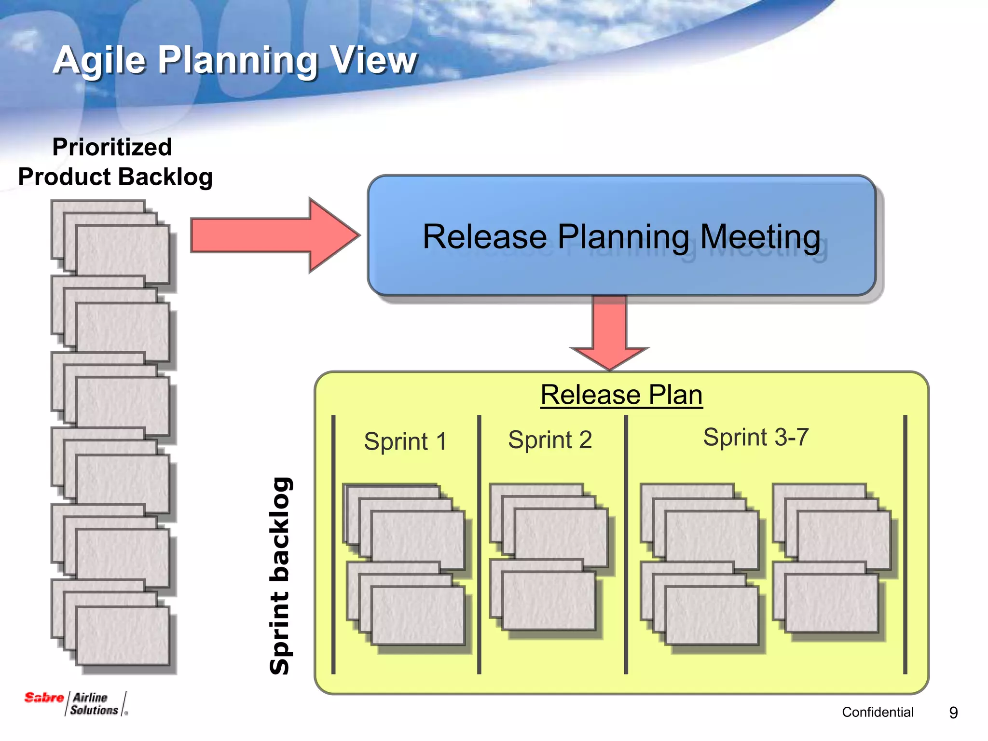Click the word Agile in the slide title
coord(99,61)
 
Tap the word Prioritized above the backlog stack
coord(112,147)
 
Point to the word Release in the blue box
coord(484,237)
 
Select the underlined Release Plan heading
coord(621,395)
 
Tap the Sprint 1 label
coord(405,441)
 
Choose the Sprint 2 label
coord(550,440)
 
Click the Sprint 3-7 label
coord(755,438)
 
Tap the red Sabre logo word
coord(43,698)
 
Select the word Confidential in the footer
coord(878,712)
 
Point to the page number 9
coord(953,713)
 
